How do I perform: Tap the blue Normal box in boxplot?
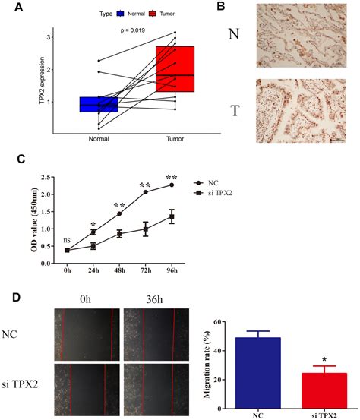98,104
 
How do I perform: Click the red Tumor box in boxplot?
175,69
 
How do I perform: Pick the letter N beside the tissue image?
235,34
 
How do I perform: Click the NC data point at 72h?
145,191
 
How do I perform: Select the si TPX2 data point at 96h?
172,216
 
